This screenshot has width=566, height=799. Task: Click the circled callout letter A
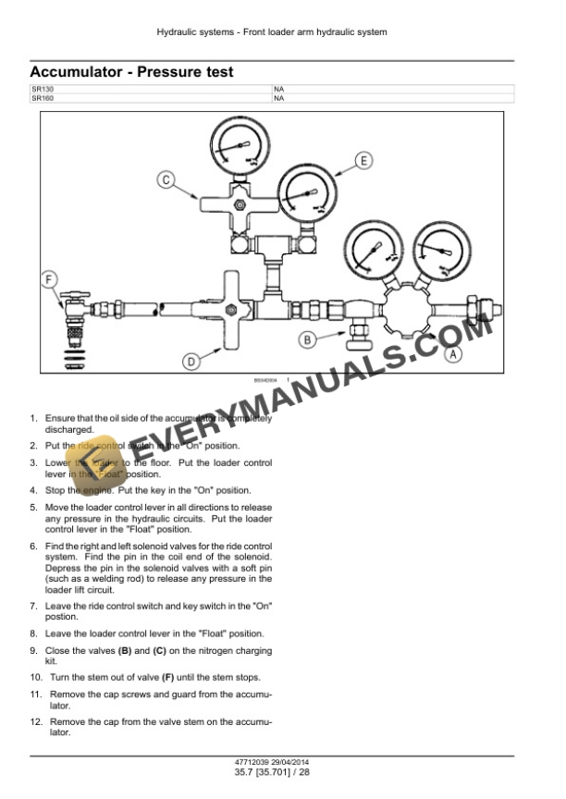point(452,353)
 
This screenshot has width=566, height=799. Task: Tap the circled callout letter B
point(310,339)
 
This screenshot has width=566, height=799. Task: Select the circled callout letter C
point(166,179)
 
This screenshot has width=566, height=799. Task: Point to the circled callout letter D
point(191,362)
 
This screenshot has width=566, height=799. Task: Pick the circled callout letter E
point(363,161)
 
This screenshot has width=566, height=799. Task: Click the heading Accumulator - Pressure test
point(131,72)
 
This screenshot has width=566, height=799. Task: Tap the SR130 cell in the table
point(43,89)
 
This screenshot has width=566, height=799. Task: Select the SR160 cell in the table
point(43,97)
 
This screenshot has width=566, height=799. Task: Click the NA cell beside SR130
point(278,89)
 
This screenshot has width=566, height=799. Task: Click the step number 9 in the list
point(33,651)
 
